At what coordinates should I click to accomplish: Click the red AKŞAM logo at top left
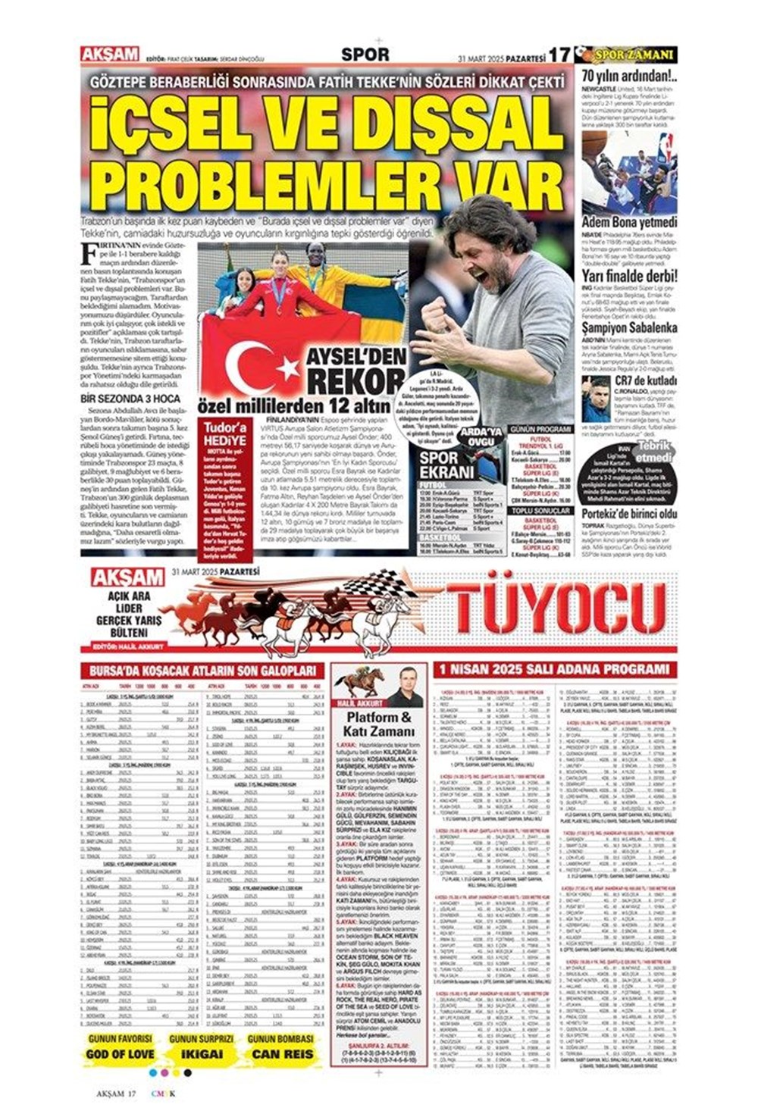coord(110,55)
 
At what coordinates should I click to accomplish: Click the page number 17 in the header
coord(559,55)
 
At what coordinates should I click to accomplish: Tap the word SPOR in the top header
coord(365,55)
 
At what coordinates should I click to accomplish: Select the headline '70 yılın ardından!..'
coord(628,76)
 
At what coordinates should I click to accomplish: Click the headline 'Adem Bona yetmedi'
coord(628,223)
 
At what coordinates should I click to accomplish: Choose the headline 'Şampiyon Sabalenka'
coord(628,329)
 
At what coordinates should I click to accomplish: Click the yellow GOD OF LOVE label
coord(120,1053)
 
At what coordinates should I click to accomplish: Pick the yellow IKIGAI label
coord(202,1053)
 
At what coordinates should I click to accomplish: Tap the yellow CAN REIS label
coord(282,1053)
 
